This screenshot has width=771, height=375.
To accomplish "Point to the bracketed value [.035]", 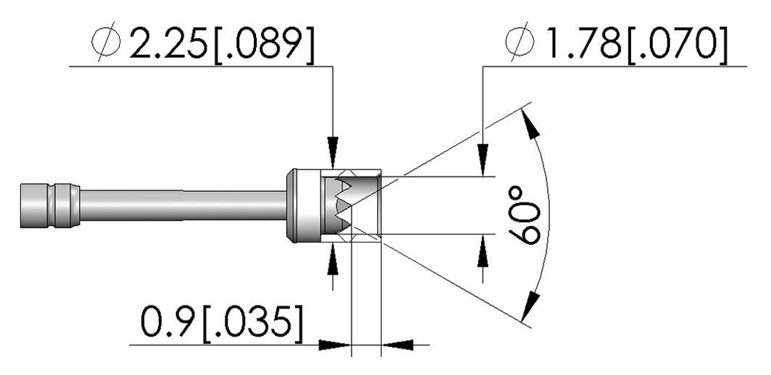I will click(251, 325).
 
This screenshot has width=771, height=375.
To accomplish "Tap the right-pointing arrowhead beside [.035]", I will click(337, 345).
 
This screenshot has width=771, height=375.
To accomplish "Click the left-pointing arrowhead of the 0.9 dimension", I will click(397, 345).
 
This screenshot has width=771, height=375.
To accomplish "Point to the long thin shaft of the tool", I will click(181, 205).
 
